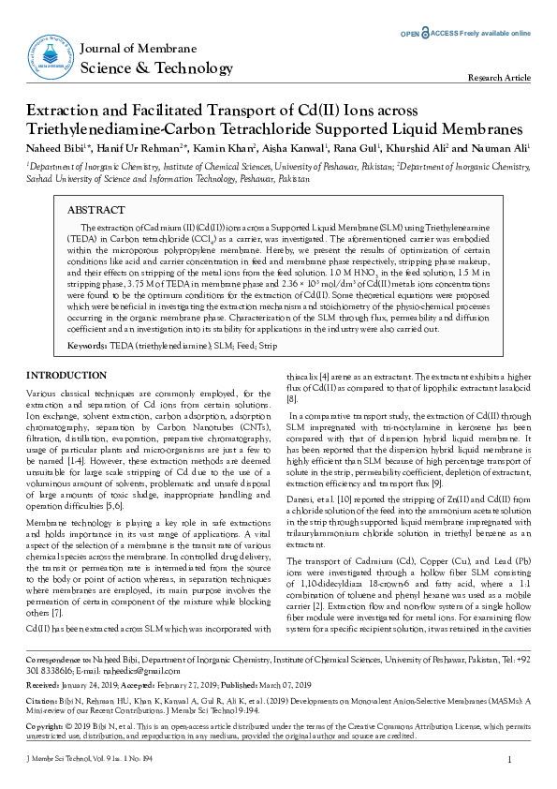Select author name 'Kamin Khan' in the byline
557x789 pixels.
[223, 147]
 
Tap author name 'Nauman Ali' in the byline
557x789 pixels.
[499, 147]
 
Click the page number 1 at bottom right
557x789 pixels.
[507, 759]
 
